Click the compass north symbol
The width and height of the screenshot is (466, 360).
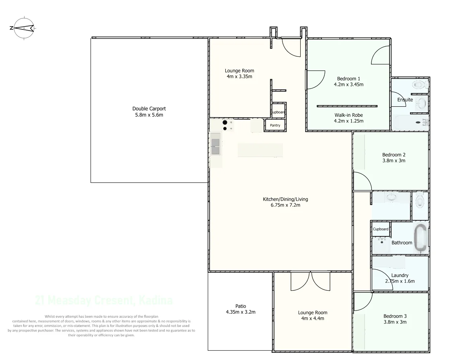[24, 28]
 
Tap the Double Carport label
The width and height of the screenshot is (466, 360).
[149, 109]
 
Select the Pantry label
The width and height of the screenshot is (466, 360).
[275, 126]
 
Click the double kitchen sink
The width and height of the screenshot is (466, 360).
[216, 146]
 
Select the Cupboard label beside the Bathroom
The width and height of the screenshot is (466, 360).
[381, 229]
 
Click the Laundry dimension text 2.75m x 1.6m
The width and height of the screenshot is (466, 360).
[400, 281]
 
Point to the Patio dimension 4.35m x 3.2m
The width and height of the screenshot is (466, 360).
[241, 312]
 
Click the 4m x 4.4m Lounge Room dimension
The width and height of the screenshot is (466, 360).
[312, 319]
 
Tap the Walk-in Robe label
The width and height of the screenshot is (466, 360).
[348, 115]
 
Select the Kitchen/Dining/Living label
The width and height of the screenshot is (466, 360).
[285, 199]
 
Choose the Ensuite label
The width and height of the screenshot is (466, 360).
[405, 99]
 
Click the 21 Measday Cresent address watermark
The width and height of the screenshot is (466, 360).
[104, 300]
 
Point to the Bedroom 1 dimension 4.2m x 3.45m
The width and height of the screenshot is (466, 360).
[348, 85]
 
